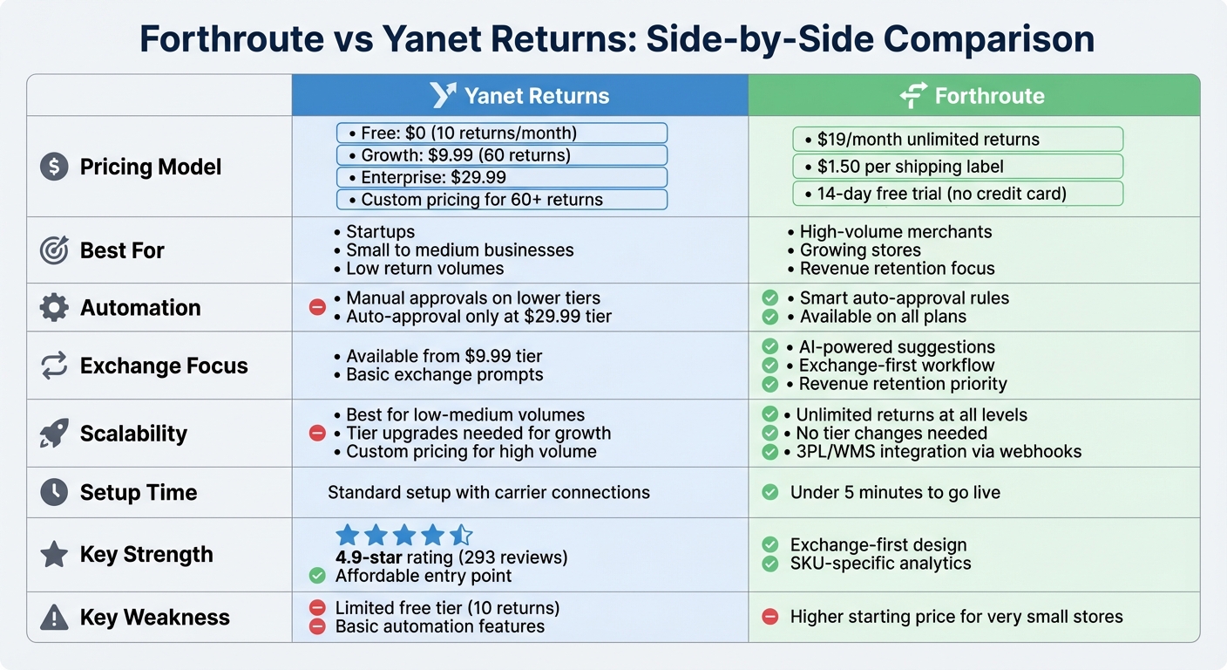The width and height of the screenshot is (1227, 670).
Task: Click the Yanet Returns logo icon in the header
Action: (x=444, y=95)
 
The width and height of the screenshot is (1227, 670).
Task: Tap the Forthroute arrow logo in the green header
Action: (x=912, y=95)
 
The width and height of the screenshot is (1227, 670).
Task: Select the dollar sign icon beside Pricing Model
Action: (x=54, y=167)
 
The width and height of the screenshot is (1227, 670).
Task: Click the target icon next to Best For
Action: (x=54, y=250)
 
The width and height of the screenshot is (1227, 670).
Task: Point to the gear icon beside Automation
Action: (x=54, y=307)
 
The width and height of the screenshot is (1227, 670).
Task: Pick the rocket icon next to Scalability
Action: (x=54, y=434)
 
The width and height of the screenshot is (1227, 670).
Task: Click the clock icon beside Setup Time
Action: (x=54, y=492)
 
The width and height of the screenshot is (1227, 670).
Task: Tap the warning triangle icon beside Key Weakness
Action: (x=54, y=618)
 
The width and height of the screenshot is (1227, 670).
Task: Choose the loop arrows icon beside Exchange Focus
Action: (x=54, y=366)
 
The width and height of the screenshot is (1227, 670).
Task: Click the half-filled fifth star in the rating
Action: (x=462, y=535)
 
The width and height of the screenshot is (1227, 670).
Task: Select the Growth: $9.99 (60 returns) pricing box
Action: (x=502, y=155)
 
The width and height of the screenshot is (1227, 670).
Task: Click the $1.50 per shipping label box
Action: (x=958, y=166)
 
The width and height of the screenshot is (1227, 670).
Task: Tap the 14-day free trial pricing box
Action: (x=958, y=193)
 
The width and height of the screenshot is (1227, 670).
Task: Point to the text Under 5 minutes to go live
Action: (x=895, y=493)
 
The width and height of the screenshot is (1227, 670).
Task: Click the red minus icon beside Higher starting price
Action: (x=769, y=617)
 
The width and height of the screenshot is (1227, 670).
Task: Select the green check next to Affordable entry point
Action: (x=317, y=576)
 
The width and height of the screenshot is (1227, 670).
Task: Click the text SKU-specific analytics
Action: (x=880, y=564)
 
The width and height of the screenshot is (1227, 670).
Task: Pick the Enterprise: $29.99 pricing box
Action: (x=502, y=178)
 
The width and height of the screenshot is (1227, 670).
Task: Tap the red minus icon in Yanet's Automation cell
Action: (x=317, y=307)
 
